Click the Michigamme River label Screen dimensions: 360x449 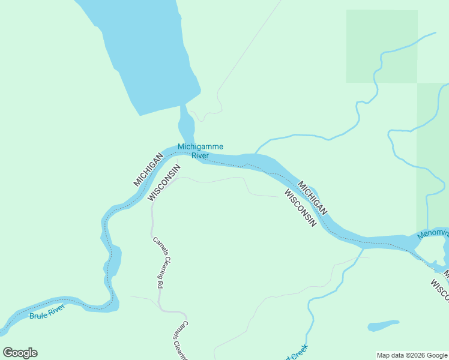(200, 151)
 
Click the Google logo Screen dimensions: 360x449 (20, 353)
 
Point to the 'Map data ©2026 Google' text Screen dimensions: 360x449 (412, 355)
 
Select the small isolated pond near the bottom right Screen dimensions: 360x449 (383, 326)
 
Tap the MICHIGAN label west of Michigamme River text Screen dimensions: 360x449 (148, 169)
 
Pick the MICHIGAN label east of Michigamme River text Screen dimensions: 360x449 (313, 199)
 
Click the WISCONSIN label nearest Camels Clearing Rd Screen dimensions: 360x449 (163, 182)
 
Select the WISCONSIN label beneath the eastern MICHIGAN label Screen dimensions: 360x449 (300, 208)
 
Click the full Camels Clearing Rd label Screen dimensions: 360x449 (158, 263)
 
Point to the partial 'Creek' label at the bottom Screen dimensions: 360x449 (298, 353)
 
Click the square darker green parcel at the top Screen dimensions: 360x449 (381, 46)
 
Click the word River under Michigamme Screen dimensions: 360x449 (200, 156)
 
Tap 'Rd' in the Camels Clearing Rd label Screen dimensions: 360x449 (160, 284)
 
